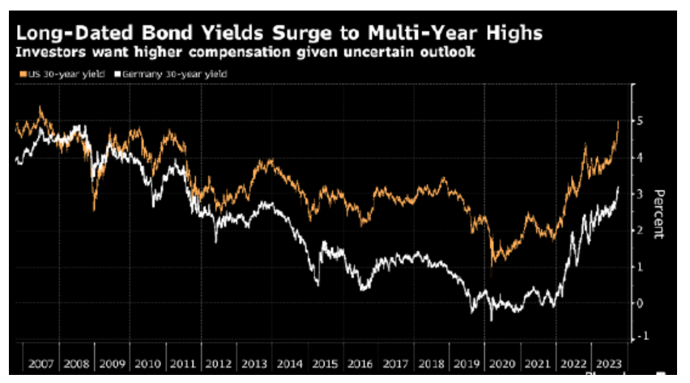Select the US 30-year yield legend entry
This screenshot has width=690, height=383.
(x=53, y=74)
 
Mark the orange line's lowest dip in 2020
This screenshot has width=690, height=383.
(x=492, y=264)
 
